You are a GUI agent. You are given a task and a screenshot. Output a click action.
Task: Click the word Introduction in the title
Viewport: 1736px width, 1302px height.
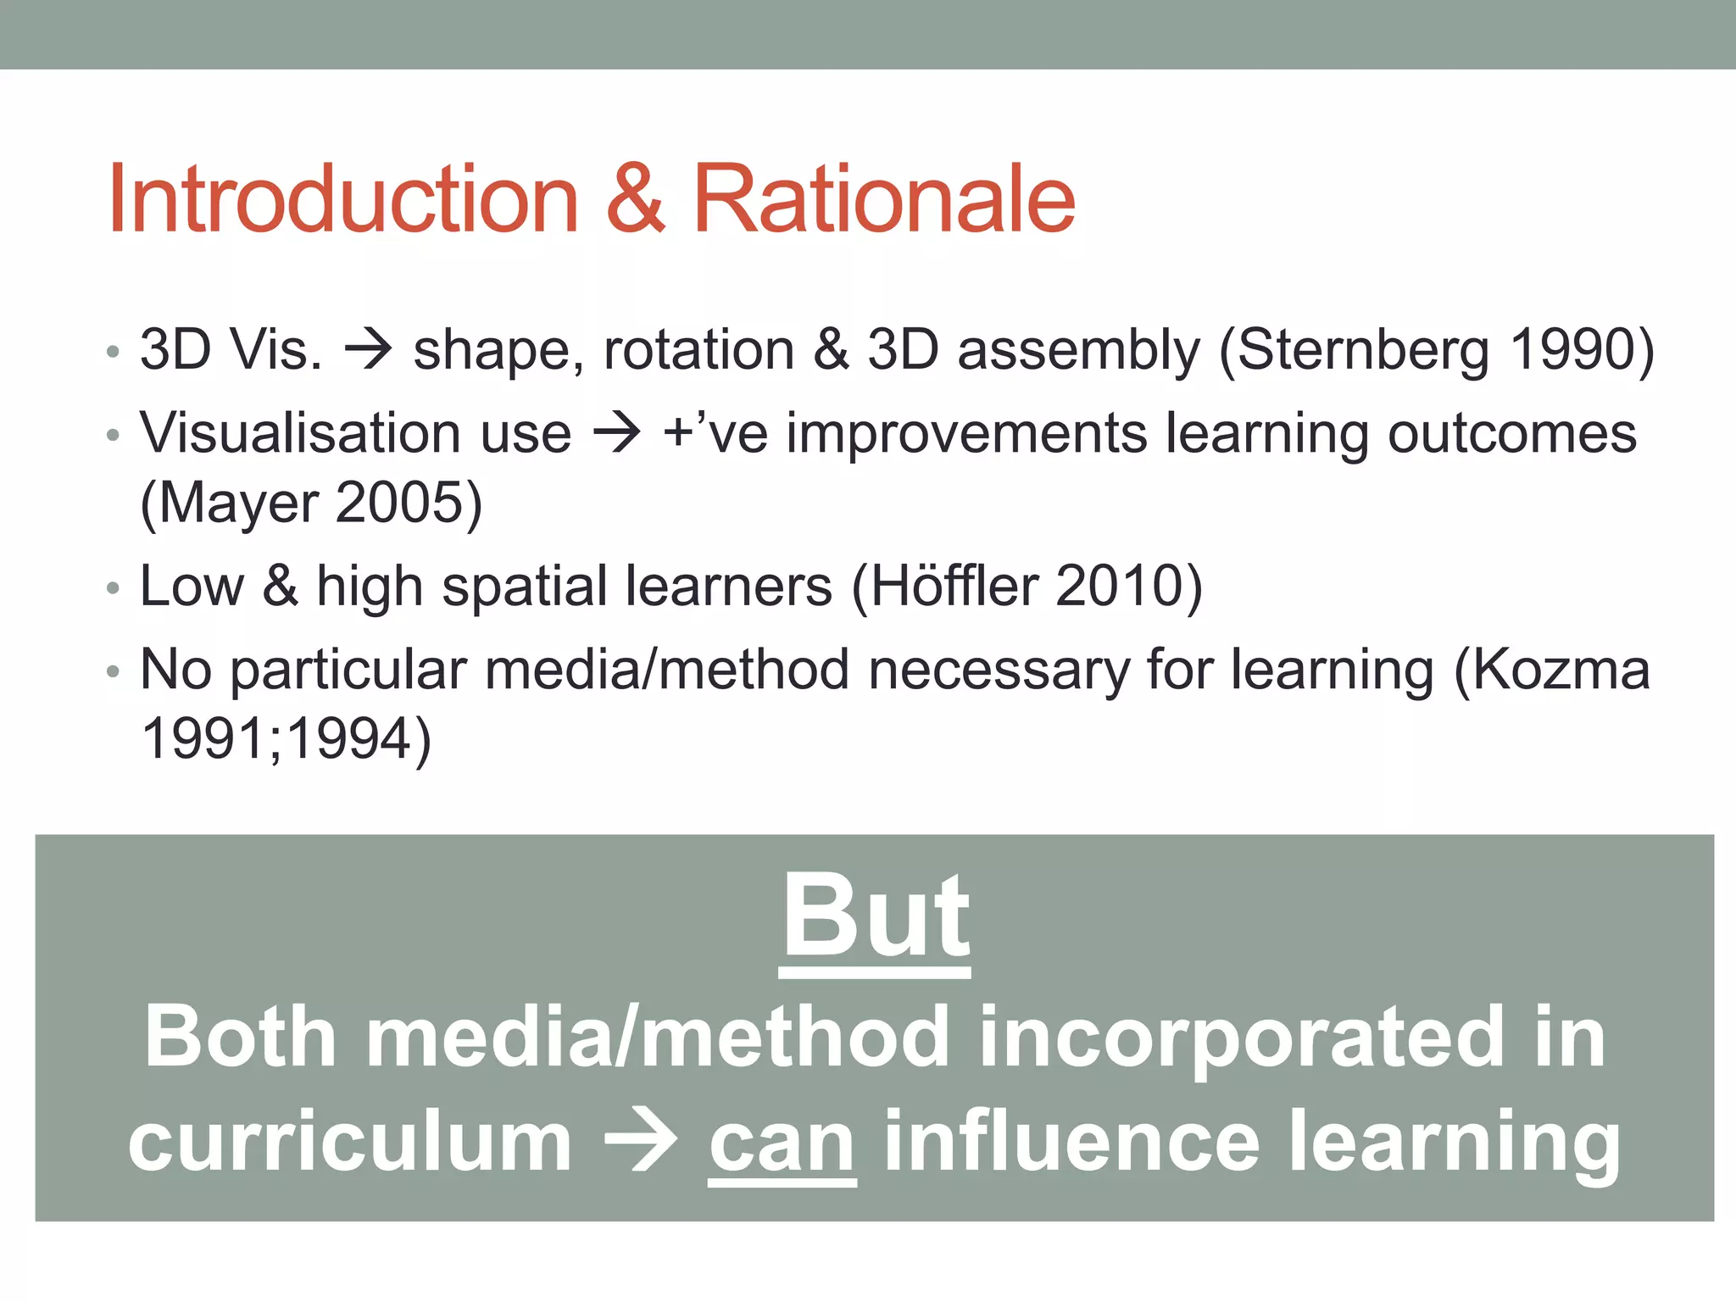[x=343, y=200]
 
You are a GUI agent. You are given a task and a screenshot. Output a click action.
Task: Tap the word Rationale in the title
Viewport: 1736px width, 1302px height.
[x=884, y=200]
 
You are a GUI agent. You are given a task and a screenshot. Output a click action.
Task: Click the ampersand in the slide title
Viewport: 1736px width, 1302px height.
[x=636, y=200]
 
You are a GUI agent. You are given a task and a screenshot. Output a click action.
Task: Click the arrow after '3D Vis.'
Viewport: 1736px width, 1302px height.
[x=368, y=349]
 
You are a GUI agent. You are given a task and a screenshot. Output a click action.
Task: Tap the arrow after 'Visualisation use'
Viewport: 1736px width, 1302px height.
[x=617, y=433]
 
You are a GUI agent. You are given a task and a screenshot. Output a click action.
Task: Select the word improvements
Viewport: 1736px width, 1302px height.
[x=966, y=433]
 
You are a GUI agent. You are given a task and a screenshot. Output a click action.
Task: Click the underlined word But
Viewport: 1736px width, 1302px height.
[x=875, y=918]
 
